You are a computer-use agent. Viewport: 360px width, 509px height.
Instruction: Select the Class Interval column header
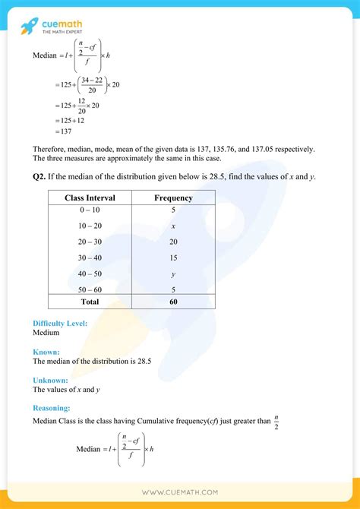[90, 198]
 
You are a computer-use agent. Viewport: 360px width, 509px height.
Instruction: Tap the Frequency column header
[174, 198]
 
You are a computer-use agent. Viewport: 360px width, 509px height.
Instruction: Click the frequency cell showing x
[174, 226]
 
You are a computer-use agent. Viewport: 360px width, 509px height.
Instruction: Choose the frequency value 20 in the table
[174, 242]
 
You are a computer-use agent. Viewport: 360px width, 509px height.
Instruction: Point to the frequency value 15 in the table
[174, 257]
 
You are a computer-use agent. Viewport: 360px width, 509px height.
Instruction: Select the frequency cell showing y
[174, 273]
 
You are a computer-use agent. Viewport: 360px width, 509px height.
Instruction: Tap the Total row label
[90, 302]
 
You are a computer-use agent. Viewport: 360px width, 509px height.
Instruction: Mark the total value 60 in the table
[174, 302]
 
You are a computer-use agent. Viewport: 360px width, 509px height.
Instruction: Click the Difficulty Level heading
[60, 323]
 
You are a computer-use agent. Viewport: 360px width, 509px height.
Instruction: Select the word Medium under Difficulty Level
[47, 333]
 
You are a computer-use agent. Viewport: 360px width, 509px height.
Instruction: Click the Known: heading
[46, 352]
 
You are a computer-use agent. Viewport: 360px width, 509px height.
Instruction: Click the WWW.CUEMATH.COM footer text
[180, 493]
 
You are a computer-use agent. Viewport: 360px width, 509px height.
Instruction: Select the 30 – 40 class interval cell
[90, 257]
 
